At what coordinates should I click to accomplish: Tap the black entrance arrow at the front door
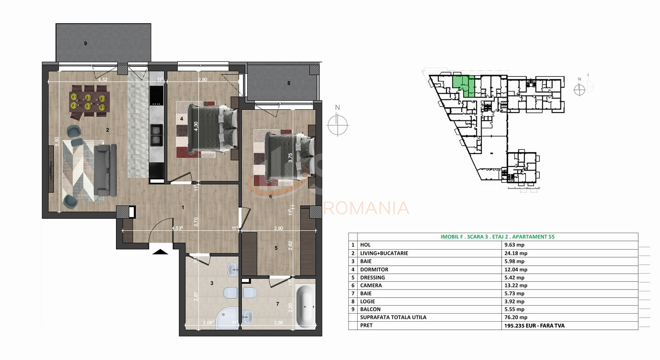[161, 252]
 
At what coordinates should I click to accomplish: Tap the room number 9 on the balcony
[85, 44]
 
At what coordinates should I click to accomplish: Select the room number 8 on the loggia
[288, 84]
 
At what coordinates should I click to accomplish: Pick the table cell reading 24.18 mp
[516, 253]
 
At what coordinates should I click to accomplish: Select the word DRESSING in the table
[372, 278]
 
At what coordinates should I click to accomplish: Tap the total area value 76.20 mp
[516, 317]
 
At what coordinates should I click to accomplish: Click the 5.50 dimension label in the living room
[57, 142]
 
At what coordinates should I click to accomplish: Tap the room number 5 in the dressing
[276, 248]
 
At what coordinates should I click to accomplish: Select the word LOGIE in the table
[368, 302]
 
